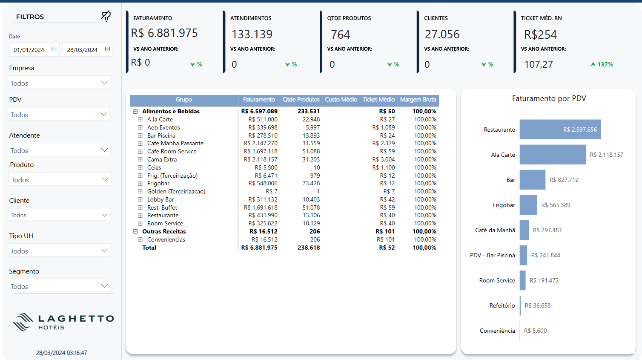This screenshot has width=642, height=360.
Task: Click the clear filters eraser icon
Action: [x=106, y=16]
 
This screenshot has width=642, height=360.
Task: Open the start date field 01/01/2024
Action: [x=34, y=49]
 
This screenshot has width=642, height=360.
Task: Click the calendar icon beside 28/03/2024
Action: [x=107, y=49]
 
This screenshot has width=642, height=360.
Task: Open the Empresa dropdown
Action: [x=59, y=83]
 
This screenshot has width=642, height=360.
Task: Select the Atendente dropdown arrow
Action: [x=104, y=150]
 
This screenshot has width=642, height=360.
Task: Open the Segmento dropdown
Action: [x=59, y=286]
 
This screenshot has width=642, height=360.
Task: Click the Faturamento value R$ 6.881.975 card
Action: [x=164, y=33]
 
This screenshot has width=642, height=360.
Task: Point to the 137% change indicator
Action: [x=602, y=64]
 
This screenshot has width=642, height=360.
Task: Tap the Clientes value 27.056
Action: [x=442, y=34]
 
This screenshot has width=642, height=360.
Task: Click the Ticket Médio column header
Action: [x=378, y=100]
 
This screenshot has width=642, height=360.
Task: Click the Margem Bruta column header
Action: [x=418, y=100]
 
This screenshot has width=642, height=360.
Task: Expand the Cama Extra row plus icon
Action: [x=140, y=159]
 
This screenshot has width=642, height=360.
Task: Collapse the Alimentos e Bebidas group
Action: [x=135, y=111]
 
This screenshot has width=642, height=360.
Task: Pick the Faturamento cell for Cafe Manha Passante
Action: [x=261, y=143]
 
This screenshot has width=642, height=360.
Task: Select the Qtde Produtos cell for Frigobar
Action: [x=311, y=183]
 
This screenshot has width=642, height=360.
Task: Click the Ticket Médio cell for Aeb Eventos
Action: [x=384, y=127]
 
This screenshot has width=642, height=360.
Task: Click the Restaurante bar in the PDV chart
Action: [x=560, y=130]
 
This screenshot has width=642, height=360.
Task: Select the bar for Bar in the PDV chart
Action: [x=533, y=179]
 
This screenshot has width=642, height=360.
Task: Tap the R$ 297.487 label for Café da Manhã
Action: [x=547, y=230]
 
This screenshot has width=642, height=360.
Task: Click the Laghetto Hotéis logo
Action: [x=63, y=322]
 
